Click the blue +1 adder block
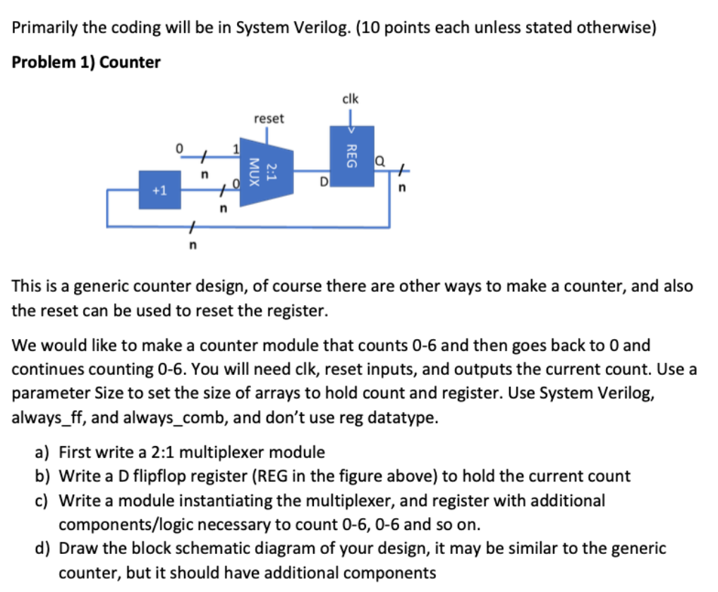(x=159, y=190)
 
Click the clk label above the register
(x=351, y=99)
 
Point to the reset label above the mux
(x=269, y=118)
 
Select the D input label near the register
(x=324, y=185)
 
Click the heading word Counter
(x=130, y=62)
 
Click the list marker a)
(x=43, y=452)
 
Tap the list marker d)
(x=43, y=548)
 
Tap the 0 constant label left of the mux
(x=180, y=148)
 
